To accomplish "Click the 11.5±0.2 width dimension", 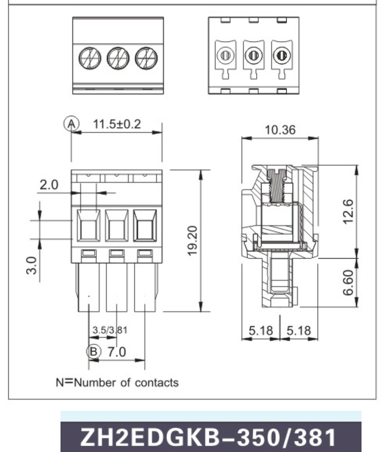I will click(117, 125).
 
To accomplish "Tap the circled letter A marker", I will click(71, 124).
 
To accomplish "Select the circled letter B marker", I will click(93, 352).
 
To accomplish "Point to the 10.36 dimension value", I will click(280, 130).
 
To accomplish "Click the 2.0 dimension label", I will click(50, 185).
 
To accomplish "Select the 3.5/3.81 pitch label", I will click(110, 330).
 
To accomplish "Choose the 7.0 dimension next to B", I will click(116, 352).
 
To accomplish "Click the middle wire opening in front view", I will click(116, 225).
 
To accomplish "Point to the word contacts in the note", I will click(157, 383).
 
